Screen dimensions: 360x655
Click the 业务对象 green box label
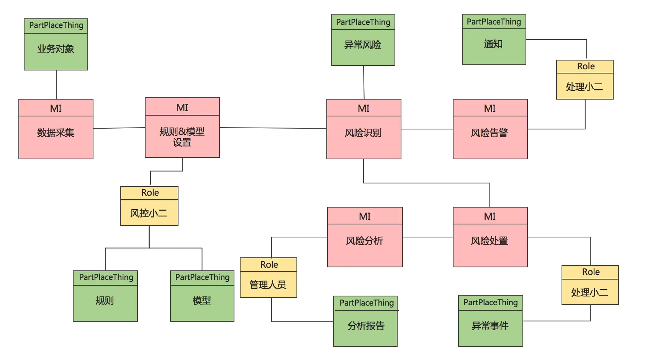click(56, 49)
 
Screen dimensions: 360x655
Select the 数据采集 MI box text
click(56, 133)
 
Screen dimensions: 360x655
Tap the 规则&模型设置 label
click(182, 137)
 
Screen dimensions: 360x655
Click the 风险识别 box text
click(363, 133)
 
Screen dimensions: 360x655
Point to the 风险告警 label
click(490, 133)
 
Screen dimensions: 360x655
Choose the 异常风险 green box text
click(363, 45)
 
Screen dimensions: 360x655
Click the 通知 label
click(493, 44)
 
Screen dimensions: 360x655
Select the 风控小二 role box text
click(149, 213)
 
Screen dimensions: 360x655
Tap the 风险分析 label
click(364, 241)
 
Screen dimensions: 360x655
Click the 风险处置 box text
click(490, 241)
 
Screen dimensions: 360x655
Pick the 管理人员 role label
click(268, 285)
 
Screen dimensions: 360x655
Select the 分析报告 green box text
click(366, 326)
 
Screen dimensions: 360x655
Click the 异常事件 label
click(490, 326)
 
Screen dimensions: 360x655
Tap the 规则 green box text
click(105, 301)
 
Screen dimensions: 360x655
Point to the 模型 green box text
click(202, 301)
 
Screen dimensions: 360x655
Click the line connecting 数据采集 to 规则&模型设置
click(119, 128)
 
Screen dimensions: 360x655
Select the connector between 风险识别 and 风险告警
click(427, 129)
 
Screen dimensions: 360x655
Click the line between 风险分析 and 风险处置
click(427, 237)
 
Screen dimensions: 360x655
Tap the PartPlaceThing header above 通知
click(494, 22)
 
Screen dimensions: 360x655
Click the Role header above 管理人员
click(269, 265)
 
